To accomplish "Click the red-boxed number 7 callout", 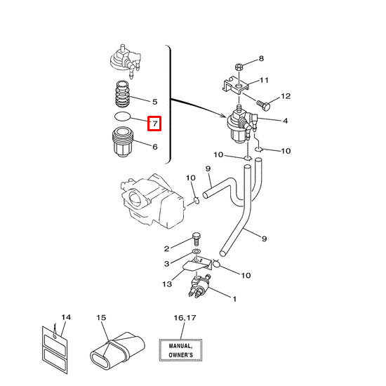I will [154, 124].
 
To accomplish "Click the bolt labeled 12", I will [262, 103].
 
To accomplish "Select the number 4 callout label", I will [285, 121].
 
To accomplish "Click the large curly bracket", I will [168, 104].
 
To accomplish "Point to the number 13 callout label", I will [167, 284].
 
